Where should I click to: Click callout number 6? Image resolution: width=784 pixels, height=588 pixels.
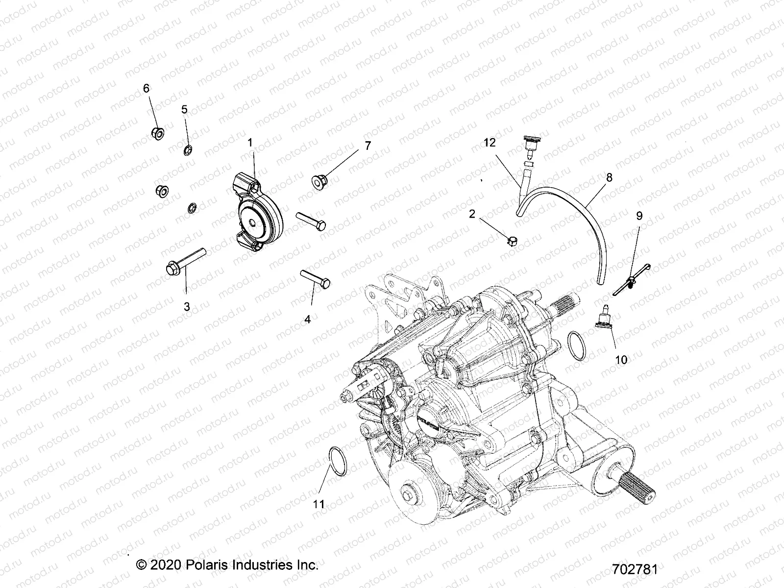point(146,88)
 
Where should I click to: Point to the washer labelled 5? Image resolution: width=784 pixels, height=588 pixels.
point(188,149)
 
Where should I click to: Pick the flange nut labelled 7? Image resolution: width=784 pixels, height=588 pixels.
point(319,181)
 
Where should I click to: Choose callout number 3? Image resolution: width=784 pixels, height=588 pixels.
point(187,307)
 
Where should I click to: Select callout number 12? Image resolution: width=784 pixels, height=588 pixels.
point(490,143)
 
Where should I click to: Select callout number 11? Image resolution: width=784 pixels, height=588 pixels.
point(319,504)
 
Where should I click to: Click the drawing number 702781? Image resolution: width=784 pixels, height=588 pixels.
point(635,569)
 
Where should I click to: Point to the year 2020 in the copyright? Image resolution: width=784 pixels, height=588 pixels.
point(166,564)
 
